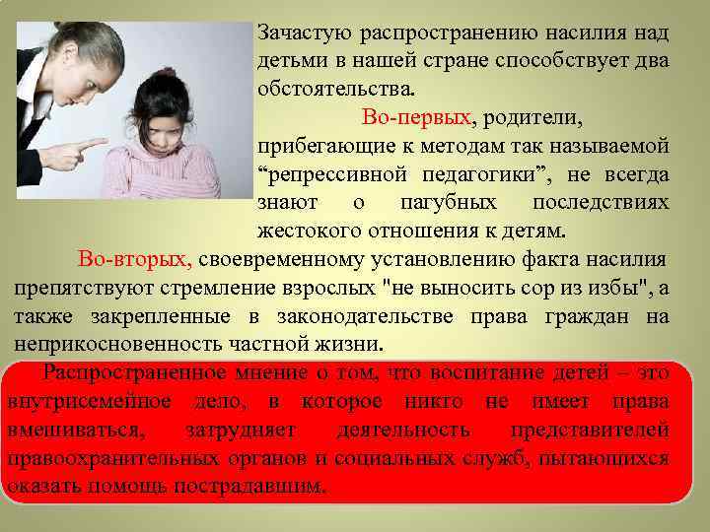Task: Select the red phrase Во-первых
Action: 417,118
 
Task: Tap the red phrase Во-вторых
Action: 135,260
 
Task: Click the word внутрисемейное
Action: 91,402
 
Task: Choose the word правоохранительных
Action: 125,459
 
